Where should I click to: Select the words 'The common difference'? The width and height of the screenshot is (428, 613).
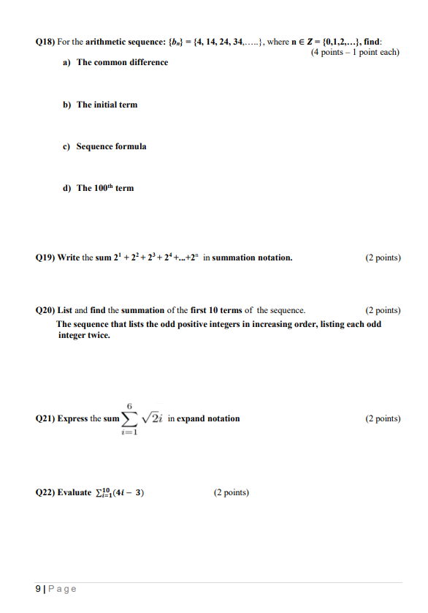pos(122,63)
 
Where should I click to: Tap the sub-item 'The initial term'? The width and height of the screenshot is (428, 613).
pos(107,105)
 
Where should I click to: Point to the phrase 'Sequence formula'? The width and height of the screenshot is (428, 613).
pos(111,146)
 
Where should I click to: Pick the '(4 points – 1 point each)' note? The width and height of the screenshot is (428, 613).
pos(355,52)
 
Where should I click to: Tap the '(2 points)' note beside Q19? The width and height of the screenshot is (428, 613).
pos(383,257)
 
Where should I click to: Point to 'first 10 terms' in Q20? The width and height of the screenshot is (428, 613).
pos(217,310)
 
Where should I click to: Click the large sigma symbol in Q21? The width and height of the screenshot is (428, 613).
pos(129,418)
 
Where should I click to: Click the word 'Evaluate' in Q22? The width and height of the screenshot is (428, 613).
pos(75,492)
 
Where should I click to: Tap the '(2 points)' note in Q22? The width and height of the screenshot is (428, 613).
pos(231,492)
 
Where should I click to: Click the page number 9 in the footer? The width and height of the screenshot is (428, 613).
pos(38,589)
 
